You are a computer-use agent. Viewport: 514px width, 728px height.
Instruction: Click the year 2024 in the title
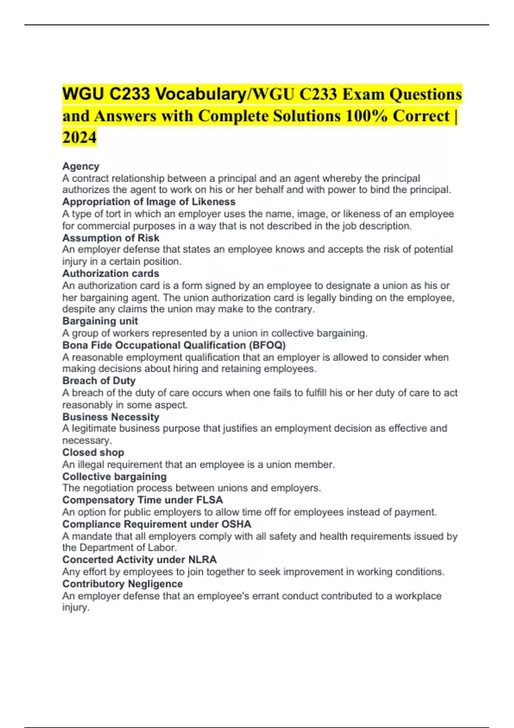click(x=79, y=137)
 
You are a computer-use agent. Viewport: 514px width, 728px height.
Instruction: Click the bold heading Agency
click(x=81, y=166)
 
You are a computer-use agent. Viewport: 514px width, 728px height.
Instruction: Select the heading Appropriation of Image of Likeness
click(x=149, y=202)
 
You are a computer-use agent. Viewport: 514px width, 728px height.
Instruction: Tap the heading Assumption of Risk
click(x=111, y=238)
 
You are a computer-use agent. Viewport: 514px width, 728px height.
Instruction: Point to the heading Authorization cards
click(x=111, y=273)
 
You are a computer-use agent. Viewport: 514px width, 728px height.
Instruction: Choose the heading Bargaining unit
click(x=100, y=321)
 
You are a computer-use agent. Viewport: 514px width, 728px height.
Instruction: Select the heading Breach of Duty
click(x=99, y=381)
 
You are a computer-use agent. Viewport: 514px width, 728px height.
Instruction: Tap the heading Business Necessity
click(x=111, y=417)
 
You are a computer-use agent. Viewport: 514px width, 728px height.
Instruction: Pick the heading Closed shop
click(x=93, y=452)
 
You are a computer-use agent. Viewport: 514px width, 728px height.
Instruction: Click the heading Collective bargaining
click(x=114, y=477)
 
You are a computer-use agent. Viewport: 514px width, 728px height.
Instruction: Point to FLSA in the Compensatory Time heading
click(x=209, y=500)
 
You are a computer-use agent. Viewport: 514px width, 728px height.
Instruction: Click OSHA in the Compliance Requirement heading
click(x=236, y=524)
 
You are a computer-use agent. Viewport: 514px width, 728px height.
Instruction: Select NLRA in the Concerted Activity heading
click(x=202, y=560)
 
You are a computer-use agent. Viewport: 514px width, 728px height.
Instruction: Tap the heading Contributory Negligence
click(x=123, y=584)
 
